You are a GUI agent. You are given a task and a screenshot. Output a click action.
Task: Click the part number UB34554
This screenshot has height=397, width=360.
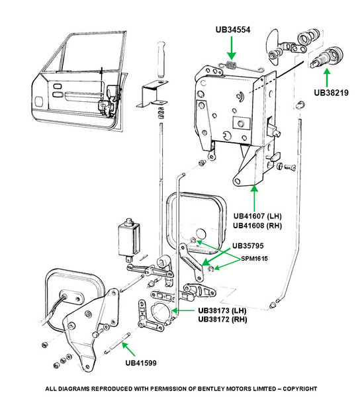point(233,30)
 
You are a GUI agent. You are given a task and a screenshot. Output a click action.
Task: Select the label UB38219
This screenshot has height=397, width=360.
point(331,93)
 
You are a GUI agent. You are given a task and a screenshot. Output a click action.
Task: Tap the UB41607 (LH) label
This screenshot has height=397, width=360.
point(257,216)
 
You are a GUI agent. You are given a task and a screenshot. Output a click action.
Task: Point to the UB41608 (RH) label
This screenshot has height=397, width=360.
point(257,226)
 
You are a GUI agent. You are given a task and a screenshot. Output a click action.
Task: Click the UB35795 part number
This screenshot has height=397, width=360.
point(248,245)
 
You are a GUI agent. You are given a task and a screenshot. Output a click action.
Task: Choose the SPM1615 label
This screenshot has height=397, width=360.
point(254,259)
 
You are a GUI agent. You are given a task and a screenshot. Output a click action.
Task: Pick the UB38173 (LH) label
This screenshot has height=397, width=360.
point(222,310)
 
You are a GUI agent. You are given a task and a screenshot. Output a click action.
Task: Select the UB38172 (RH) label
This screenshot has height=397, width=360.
point(222,319)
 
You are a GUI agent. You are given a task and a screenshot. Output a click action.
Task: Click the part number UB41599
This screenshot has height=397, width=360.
point(141,363)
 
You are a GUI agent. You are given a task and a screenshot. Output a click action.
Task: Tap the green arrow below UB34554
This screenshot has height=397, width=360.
point(232,48)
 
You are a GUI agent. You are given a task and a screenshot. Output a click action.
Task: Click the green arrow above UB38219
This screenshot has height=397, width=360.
point(327,78)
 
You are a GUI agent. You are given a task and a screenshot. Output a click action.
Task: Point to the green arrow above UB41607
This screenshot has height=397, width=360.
point(254,198)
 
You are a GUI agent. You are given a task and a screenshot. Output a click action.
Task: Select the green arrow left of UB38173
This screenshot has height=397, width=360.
point(183,310)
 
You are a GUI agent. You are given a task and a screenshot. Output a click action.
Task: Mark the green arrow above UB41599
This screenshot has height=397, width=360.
point(128,349)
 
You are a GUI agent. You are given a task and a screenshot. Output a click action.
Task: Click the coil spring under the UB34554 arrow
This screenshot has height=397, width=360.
point(231,65)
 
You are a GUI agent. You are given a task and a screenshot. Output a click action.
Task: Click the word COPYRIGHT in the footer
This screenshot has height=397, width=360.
point(300,388)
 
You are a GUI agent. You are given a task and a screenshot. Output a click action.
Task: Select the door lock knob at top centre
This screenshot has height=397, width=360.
point(161,60)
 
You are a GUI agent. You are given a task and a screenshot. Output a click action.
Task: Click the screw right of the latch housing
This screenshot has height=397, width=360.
point(290,167)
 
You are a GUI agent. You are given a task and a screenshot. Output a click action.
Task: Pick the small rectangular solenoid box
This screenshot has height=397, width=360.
point(129,238)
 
